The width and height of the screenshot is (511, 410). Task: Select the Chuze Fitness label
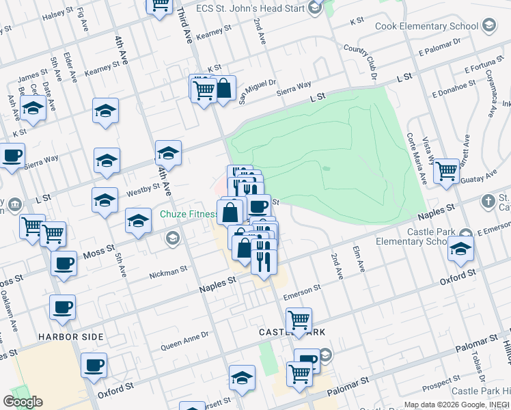pyautogui.click(x=189, y=214)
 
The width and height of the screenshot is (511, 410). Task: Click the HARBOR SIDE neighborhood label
pyautogui.click(x=71, y=337)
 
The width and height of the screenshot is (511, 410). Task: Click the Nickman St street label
pyautogui.click(x=168, y=272)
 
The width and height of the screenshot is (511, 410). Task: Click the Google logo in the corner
pyautogui.click(x=23, y=402)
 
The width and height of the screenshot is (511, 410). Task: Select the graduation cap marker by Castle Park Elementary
pyautogui.click(x=461, y=249)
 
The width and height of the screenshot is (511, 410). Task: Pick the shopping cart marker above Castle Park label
pyautogui.click(x=299, y=319)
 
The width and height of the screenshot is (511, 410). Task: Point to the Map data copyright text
pyautogui.click(x=456, y=405)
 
